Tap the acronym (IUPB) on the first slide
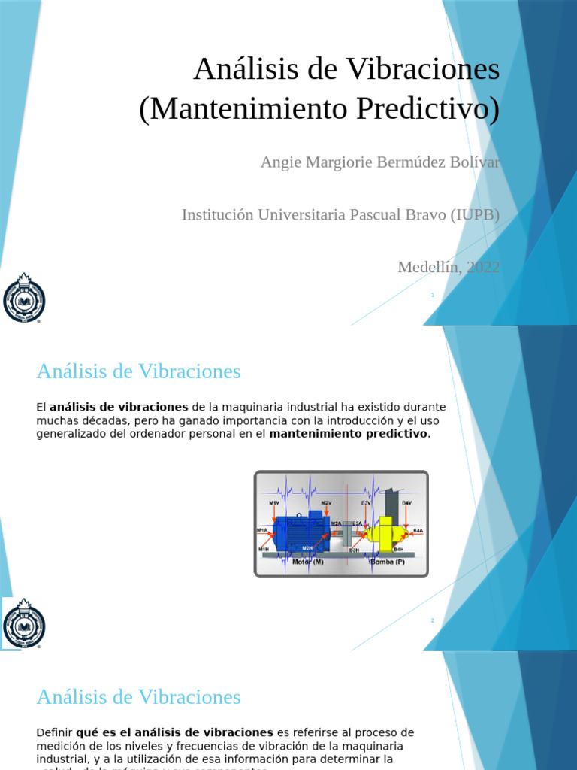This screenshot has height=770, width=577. click(x=475, y=214)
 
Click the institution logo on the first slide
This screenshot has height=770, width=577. click(x=24, y=299)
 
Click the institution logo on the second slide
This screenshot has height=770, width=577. click(x=24, y=623)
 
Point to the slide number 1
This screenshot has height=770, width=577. click(x=433, y=296)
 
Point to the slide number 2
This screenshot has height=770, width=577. click(x=433, y=620)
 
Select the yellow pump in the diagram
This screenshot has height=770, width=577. click(x=385, y=534)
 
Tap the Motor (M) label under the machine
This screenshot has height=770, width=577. click(x=308, y=562)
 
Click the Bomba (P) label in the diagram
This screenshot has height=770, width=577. click(x=388, y=562)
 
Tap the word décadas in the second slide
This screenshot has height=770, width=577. click(x=98, y=420)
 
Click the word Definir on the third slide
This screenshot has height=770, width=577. click(x=54, y=732)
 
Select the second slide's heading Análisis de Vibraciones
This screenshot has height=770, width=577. click(x=138, y=371)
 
